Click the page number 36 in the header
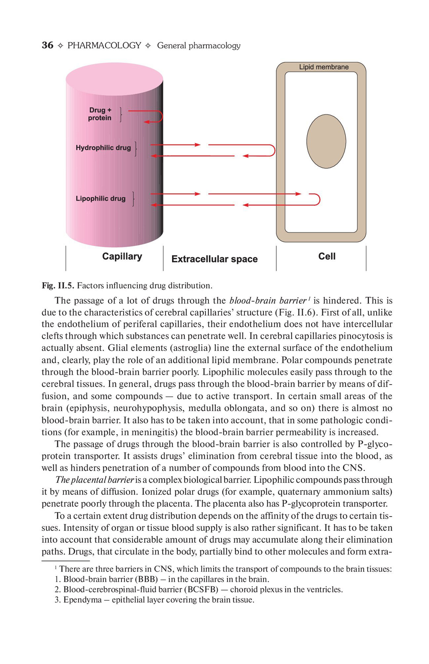coord(48,46)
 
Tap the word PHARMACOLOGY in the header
coord(104,46)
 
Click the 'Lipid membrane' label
coord(324,67)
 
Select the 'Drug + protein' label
coord(100,114)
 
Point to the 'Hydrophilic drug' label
coord(103,148)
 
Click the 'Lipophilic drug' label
coord(100,198)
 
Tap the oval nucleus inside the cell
coord(326,141)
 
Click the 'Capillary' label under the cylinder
coord(122,256)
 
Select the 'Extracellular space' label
coord(214,259)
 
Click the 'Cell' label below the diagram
coord(326,256)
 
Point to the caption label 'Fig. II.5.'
coord(58,286)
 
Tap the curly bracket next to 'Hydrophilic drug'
coord(136,149)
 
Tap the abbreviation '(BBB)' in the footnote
coord(146,579)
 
